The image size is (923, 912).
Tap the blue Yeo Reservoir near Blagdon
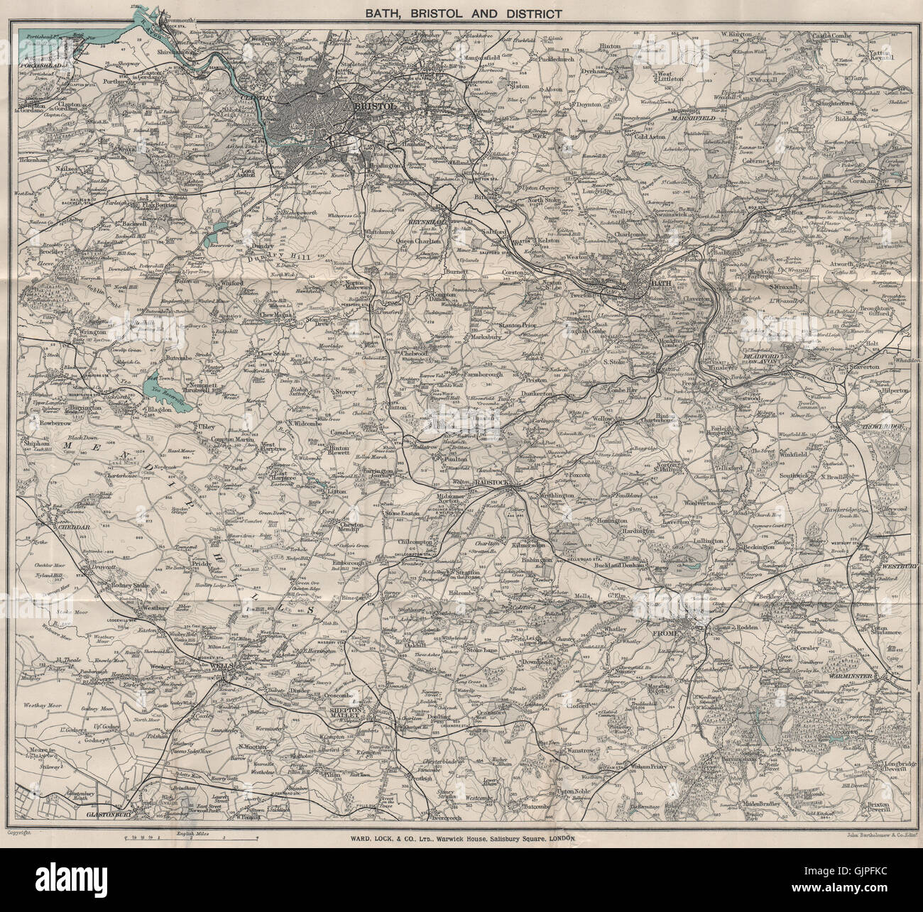point(158,384)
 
